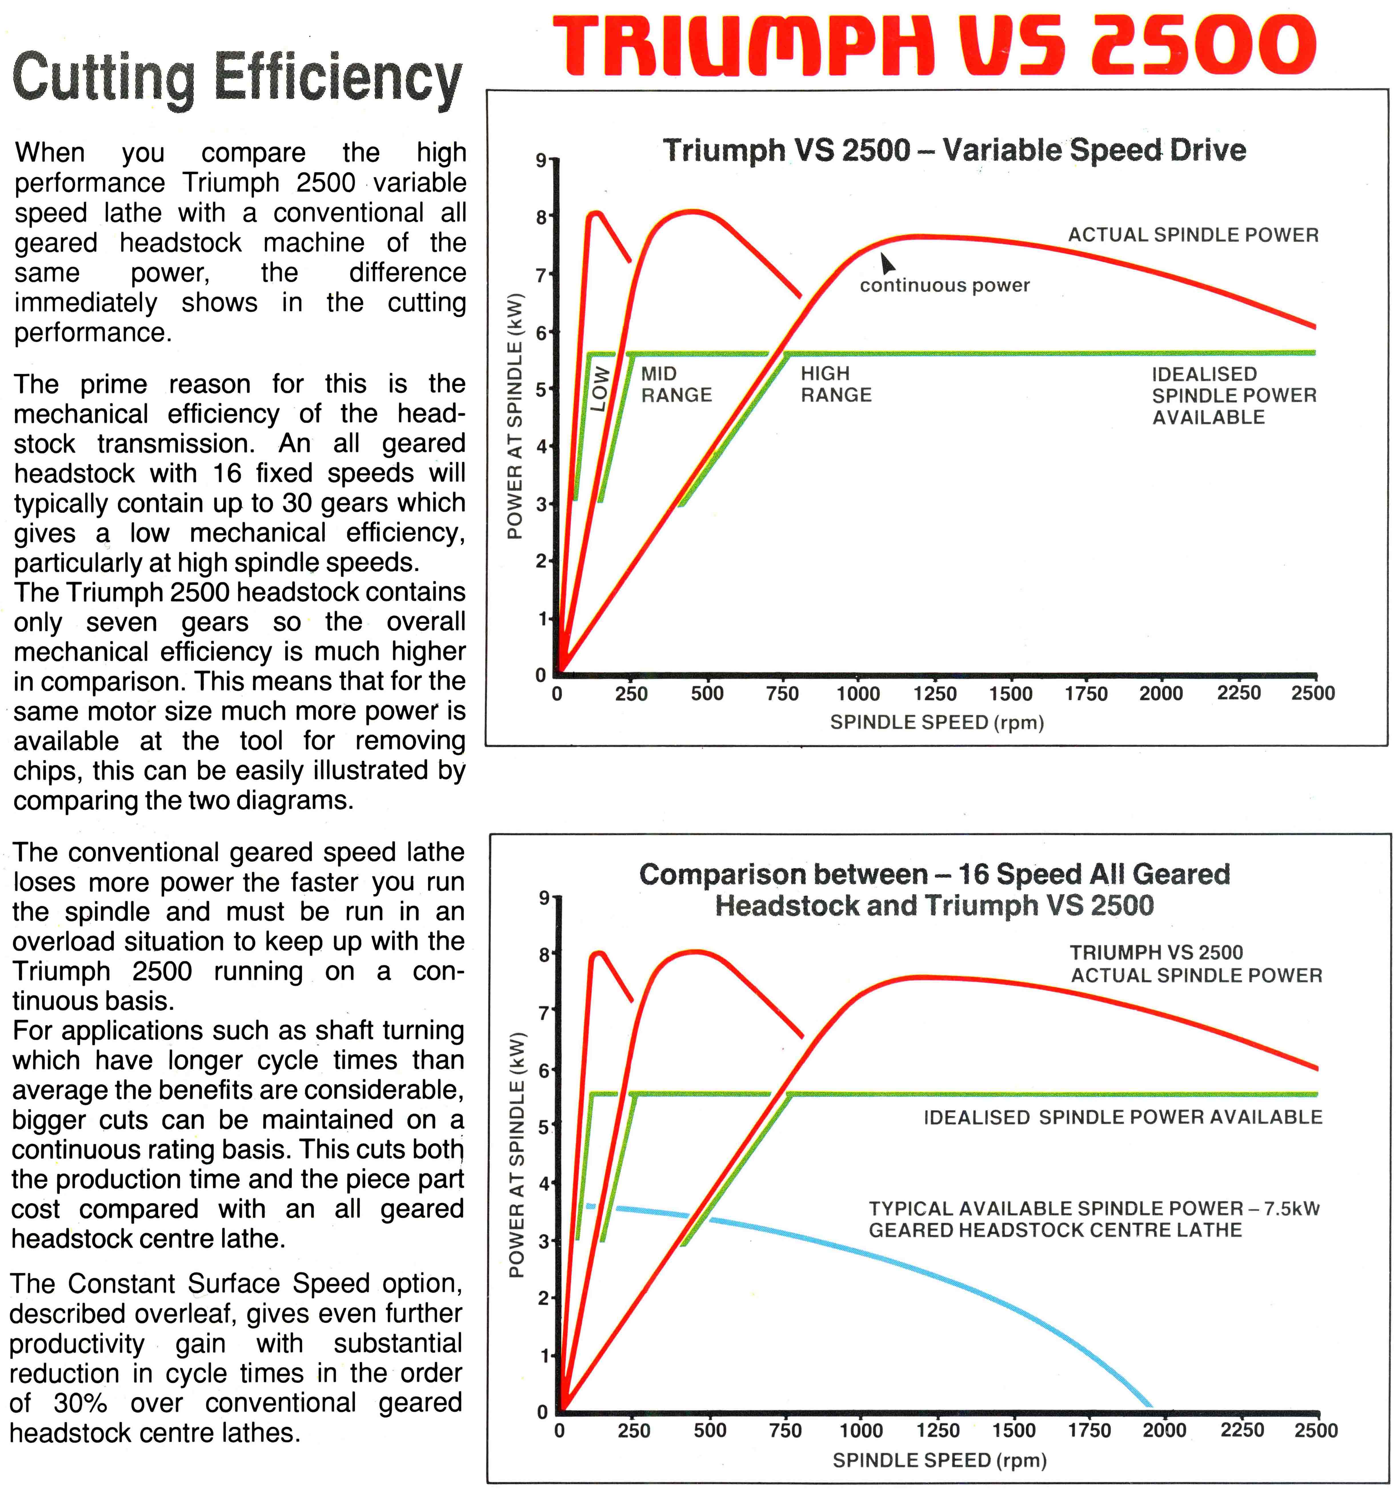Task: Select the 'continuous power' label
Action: coord(944,285)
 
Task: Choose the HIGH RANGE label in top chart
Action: coord(836,384)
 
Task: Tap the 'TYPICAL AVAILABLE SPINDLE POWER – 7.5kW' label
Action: coord(1093,1208)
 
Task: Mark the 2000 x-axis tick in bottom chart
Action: coord(1165,1431)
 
